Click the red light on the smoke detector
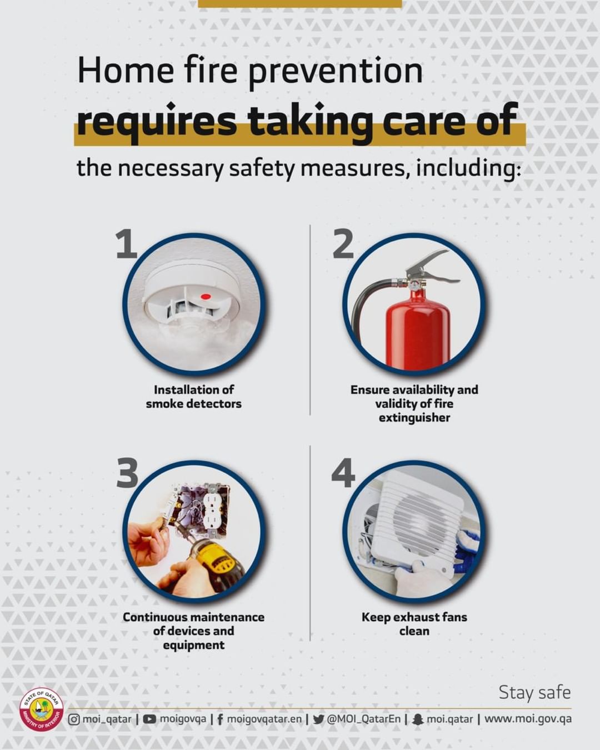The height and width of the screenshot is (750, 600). pos(206,297)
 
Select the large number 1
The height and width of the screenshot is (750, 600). pos(126,243)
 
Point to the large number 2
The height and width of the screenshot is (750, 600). pos(343,243)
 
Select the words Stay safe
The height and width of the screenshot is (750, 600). pos(534,692)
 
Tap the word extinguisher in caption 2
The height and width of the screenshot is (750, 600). pos(414,418)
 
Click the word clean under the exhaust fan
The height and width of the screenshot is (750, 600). pos(414,631)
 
